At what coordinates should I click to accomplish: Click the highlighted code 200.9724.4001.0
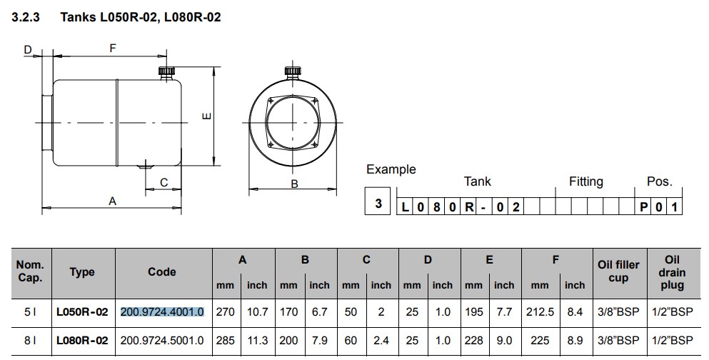pos(163,312)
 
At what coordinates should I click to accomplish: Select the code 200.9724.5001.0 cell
pos(163,341)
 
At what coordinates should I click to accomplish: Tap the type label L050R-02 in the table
pos(82,312)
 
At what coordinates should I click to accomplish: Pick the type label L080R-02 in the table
pos(82,341)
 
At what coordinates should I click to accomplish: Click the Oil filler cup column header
pos(618,271)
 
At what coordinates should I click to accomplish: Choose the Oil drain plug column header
pos(673,271)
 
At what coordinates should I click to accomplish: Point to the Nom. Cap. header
pos(30,271)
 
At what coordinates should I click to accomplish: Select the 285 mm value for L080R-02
pos(226,341)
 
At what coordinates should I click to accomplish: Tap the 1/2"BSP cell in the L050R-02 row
pos(673,312)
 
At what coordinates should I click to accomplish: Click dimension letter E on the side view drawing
pos(206,116)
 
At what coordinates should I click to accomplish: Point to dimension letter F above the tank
pos(112,49)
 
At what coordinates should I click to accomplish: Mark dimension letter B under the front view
pos(293,184)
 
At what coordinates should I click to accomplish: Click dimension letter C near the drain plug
pos(164,183)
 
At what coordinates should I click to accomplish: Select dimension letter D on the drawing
pos(28,49)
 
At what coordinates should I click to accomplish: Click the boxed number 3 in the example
pos(378,204)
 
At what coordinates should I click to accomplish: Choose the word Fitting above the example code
pos(585,182)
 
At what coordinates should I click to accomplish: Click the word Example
pos(391,169)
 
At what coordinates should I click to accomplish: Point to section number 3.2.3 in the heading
pos(27,17)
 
